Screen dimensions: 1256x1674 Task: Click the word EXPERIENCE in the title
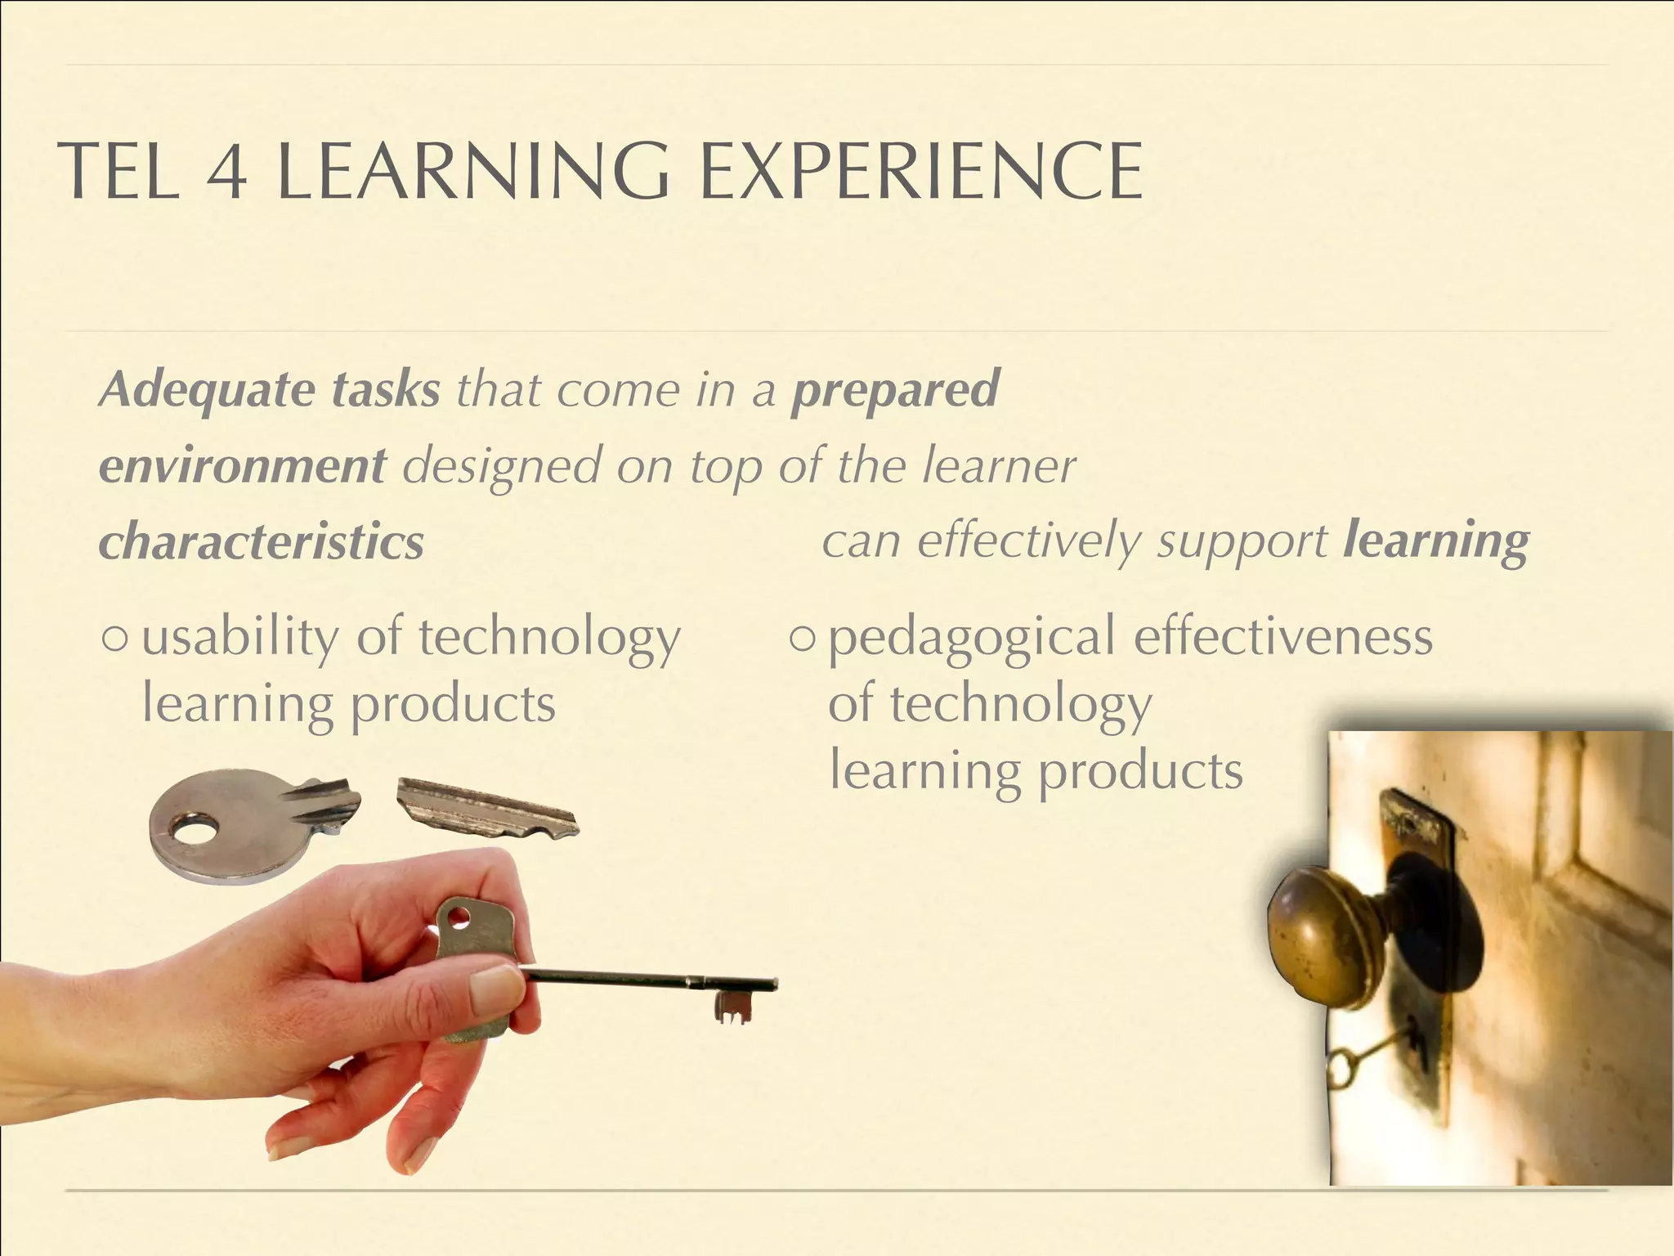click(x=922, y=172)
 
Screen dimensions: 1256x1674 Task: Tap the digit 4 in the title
click(x=226, y=173)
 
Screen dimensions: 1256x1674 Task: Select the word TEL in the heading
click(x=119, y=172)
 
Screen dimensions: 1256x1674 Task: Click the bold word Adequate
click(x=208, y=389)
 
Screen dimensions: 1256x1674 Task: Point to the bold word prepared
click(x=895, y=391)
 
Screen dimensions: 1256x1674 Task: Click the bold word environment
click(x=242, y=466)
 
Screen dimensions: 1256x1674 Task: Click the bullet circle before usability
click(x=116, y=639)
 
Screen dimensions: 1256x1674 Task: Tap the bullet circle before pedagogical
click(x=803, y=639)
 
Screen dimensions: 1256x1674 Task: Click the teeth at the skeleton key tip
click(x=733, y=1008)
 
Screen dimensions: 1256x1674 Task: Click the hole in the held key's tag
click(x=459, y=916)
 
